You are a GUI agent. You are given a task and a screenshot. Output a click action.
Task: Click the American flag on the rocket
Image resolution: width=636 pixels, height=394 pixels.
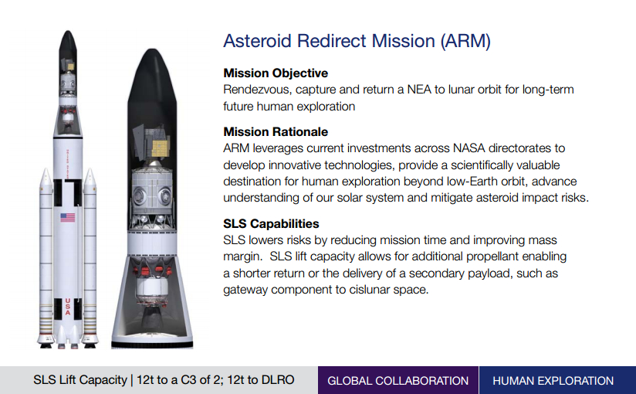click(x=68, y=217)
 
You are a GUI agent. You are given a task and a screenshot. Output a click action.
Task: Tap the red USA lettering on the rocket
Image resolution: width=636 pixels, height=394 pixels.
click(x=68, y=307)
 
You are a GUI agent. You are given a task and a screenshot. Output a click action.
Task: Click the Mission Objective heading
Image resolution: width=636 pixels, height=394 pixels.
click(x=276, y=73)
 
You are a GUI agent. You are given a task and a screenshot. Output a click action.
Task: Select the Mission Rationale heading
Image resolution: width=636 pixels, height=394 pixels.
click(x=276, y=131)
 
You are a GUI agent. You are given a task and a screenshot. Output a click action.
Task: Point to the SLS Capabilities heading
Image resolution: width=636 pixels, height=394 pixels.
click(x=271, y=223)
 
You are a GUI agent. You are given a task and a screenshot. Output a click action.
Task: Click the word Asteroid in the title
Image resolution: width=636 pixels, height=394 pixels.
click(x=258, y=41)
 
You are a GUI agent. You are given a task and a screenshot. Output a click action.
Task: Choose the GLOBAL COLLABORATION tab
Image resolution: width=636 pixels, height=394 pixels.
click(x=398, y=381)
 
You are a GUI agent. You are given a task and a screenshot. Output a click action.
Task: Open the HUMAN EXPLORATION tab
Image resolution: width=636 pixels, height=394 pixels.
click(x=553, y=381)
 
